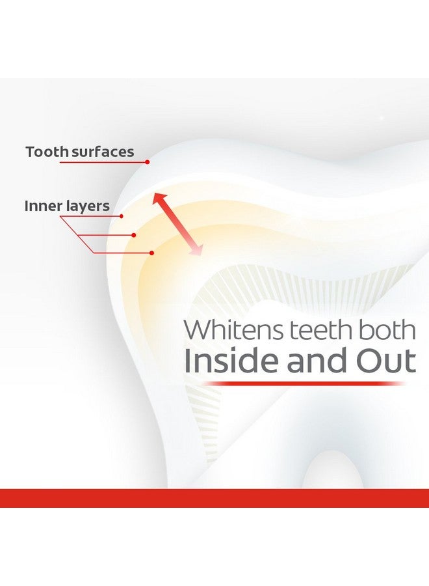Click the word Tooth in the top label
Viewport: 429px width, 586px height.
[x=47, y=152]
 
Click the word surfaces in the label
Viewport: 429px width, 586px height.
[x=103, y=152]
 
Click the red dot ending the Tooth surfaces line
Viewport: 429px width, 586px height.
[x=148, y=162]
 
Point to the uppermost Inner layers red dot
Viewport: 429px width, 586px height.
[x=122, y=216]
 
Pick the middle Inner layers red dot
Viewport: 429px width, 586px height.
[x=133, y=235]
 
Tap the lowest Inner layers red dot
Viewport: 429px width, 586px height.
[x=151, y=253]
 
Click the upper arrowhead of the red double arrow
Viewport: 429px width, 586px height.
[x=159, y=199]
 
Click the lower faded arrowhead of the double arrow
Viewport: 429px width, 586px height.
[x=196, y=249]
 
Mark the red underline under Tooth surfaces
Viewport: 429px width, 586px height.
[x=103, y=162]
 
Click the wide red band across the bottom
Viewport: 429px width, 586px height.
[x=214, y=498]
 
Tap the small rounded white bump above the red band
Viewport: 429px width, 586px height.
[x=333, y=470]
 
